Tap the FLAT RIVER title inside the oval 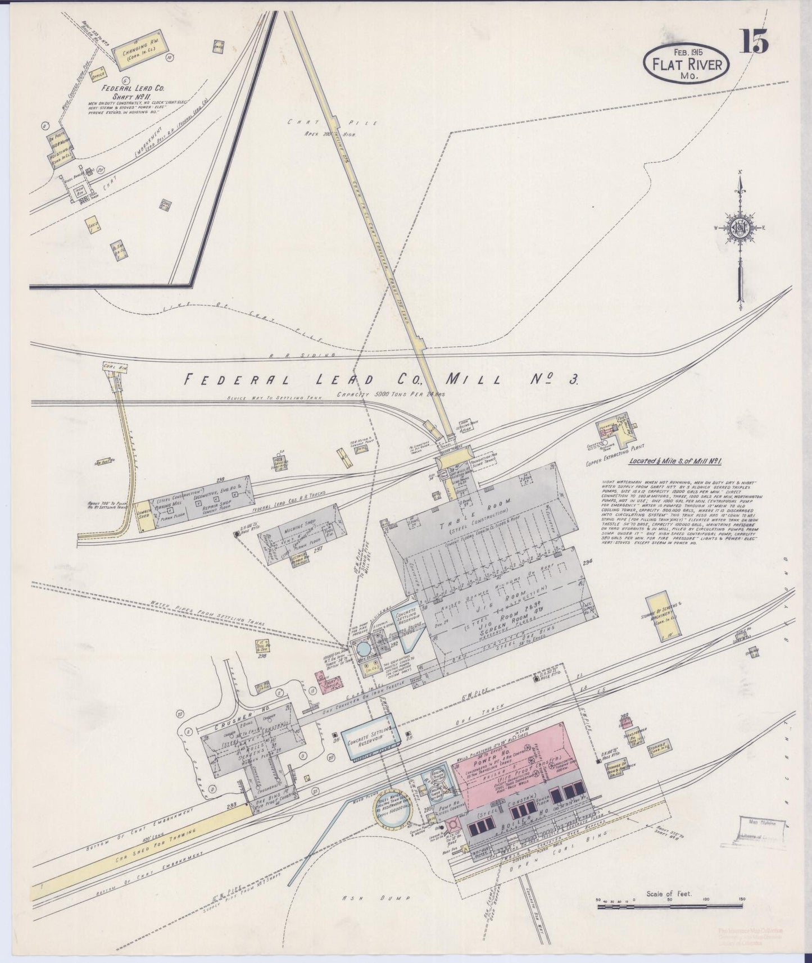(686, 64)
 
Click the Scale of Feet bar (669, 906)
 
